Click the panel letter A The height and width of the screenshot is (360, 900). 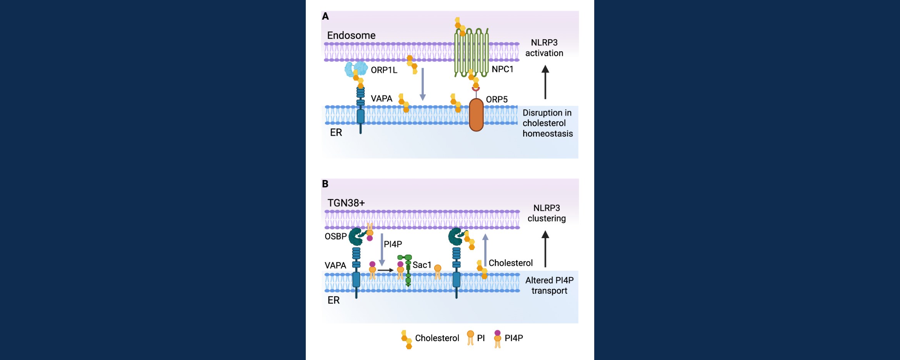click(x=325, y=16)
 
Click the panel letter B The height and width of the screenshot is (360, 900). click(x=325, y=184)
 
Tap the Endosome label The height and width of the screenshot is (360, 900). click(x=351, y=35)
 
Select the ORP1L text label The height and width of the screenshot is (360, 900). click(x=384, y=70)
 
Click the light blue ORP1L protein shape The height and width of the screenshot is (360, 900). click(x=356, y=68)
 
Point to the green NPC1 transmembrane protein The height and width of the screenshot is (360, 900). click(x=471, y=52)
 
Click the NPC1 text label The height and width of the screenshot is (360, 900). click(x=502, y=69)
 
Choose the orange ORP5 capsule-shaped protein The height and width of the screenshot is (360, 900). click(x=476, y=115)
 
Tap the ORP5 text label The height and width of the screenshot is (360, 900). click(x=497, y=100)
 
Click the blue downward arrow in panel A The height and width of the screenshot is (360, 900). click(x=422, y=84)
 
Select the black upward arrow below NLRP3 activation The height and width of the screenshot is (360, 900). click(x=545, y=82)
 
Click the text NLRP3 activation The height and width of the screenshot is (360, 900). click(x=544, y=48)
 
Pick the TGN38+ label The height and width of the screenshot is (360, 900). click(x=346, y=203)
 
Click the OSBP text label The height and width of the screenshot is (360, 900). click(x=335, y=236)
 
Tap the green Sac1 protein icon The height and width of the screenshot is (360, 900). click(x=406, y=270)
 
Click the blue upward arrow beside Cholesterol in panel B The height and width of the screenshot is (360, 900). click(x=485, y=250)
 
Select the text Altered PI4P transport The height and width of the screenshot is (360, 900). click(x=549, y=285)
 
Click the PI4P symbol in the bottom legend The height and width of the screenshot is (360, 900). click(x=497, y=339)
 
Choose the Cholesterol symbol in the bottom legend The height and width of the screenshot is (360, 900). click(x=407, y=339)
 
